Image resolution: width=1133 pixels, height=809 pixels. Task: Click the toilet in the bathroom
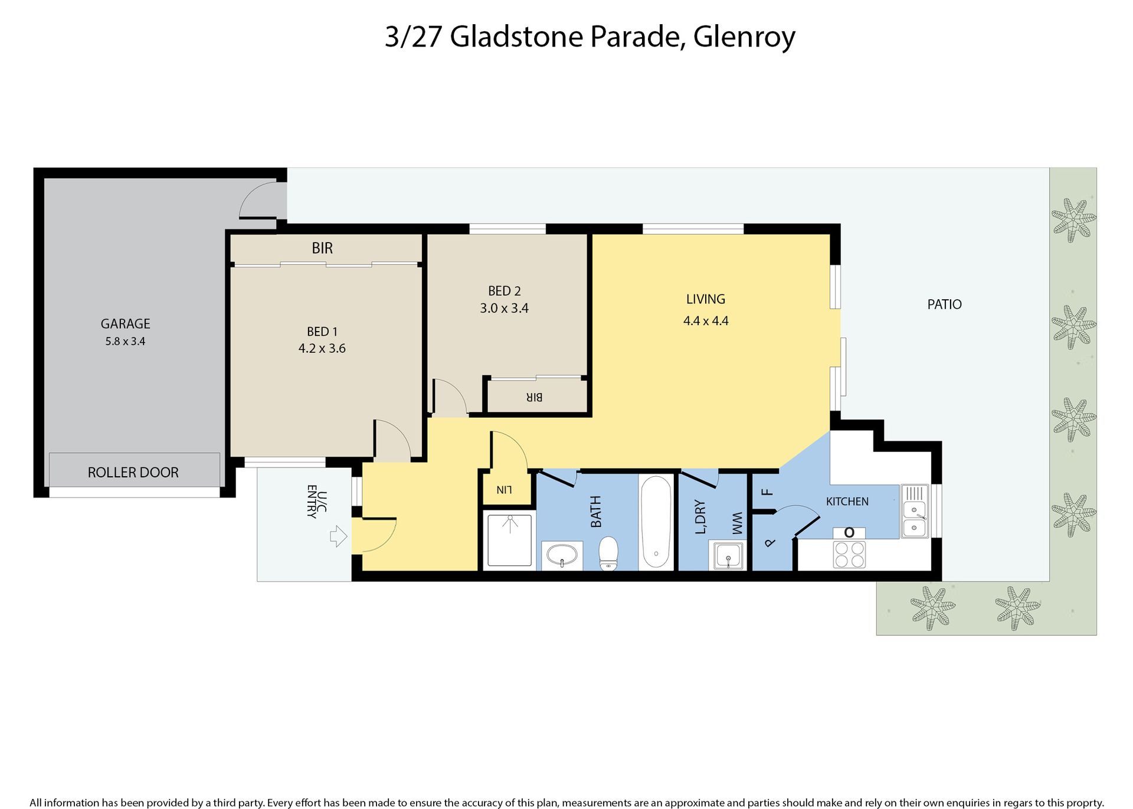(x=608, y=553)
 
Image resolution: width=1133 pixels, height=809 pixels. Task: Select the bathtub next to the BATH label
(x=656, y=522)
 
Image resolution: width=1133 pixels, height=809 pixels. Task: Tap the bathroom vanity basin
(x=562, y=555)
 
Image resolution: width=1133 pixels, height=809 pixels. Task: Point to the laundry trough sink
(x=729, y=556)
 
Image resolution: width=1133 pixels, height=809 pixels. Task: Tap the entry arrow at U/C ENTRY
(x=338, y=536)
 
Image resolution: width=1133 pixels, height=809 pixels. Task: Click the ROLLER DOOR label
(x=133, y=472)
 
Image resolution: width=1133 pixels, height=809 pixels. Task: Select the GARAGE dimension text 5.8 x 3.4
(x=125, y=341)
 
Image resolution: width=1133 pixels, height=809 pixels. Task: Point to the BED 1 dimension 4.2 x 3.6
(x=322, y=348)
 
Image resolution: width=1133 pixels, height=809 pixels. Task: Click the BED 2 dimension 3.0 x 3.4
(x=504, y=308)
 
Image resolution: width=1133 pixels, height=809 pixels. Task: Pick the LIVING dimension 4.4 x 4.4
(x=706, y=321)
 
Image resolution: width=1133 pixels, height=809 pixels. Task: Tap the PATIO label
(x=944, y=304)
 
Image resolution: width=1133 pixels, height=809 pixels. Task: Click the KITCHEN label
(x=847, y=502)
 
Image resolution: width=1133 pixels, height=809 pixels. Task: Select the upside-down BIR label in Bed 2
(x=534, y=397)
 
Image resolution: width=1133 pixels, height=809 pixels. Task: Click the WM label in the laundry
(x=736, y=524)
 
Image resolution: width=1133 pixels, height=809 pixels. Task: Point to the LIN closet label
(x=505, y=490)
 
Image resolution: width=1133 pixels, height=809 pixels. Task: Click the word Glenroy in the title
(x=744, y=37)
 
